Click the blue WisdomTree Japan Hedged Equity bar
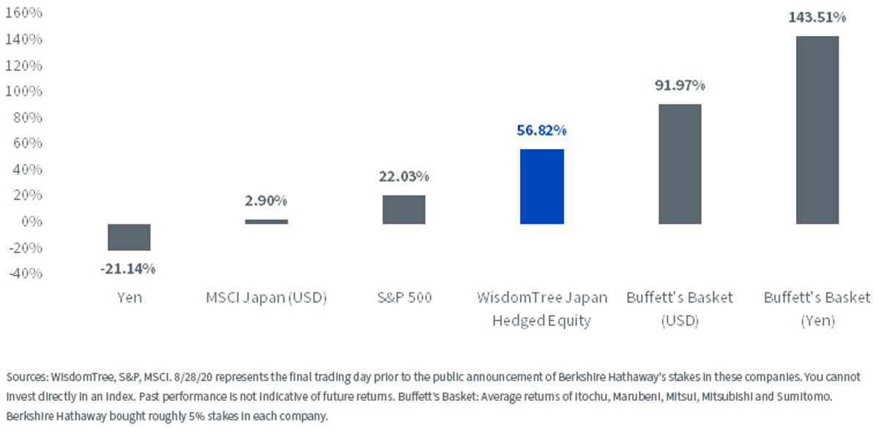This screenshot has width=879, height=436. pos(542,187)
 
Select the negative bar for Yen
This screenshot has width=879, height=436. pos(129,238)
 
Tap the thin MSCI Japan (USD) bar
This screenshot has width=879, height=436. pos(267,222)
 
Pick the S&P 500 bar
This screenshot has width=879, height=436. pos(404,209)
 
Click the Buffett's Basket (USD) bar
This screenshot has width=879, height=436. pos(680,164)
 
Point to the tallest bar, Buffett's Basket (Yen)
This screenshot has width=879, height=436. pos(817,130)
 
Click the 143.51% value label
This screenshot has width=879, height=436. pos(817,18)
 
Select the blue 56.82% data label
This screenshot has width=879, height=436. pos(541,130)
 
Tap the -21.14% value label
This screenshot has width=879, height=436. pos(128,268)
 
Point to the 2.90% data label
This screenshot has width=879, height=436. pos(266,200)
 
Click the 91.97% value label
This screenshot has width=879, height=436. pos(680,85)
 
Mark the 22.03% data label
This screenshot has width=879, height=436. pos(404,177)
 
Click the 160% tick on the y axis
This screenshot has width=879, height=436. pos(23,13)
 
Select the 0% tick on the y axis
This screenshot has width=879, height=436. pos(31,222)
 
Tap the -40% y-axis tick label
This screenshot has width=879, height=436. pos(26,274)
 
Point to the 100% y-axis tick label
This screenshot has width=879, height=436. pos(23,91)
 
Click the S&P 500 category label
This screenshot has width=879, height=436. pos(404,298)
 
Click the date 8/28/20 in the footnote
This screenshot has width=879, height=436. pos(193,377)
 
